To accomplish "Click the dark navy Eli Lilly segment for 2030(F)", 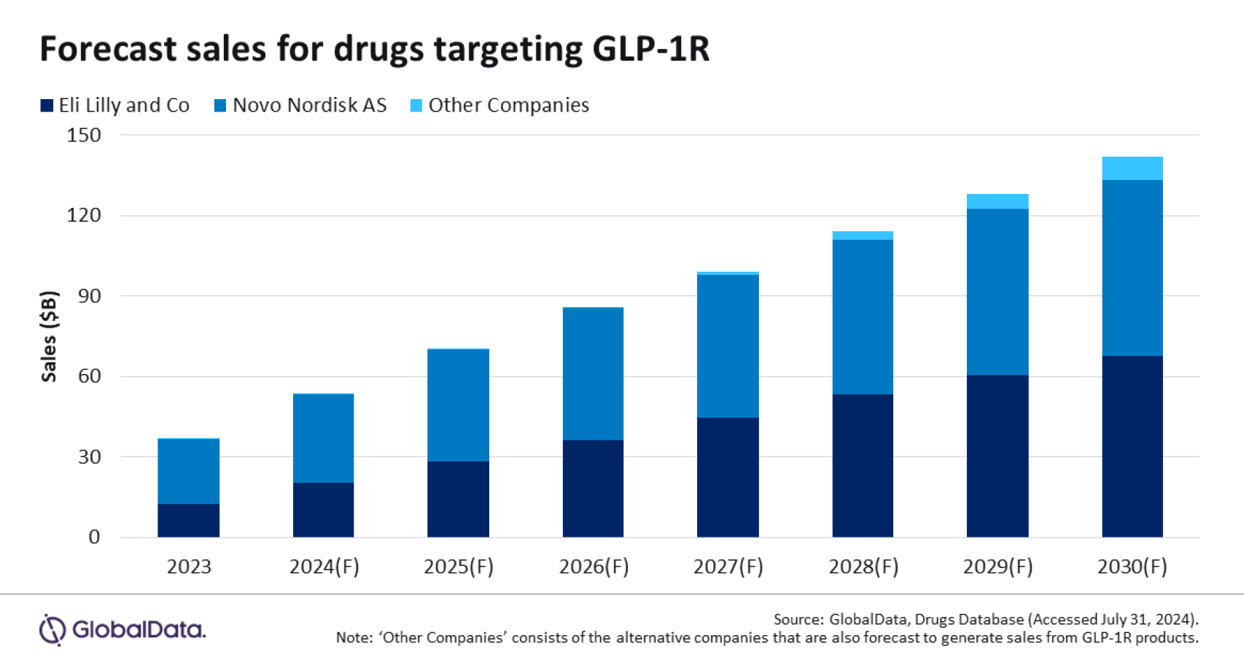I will pos(1132,446).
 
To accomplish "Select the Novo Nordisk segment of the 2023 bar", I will pos(188,471).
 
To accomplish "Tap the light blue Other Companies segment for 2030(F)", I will pos(1132,168).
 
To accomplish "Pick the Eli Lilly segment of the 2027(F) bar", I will pos(728,478).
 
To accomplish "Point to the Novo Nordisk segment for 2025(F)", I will pos(458,405).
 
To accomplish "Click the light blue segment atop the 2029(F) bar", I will pos(997,202).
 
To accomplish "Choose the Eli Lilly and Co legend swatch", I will pos(47,106).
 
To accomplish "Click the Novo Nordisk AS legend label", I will pos(309,106).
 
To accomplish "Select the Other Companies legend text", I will pos(508,106).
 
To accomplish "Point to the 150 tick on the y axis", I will pos(84,135).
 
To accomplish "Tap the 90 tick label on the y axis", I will pos(90,296).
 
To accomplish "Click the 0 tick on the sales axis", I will pos(94,537).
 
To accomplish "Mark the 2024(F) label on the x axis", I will pos(324,567).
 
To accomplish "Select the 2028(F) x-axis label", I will pos(863,567).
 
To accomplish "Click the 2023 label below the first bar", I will pos(188,567).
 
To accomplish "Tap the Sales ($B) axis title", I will pos(49,336).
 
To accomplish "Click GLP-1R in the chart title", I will pos(650,49).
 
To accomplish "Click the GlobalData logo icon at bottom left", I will pos(53,630).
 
